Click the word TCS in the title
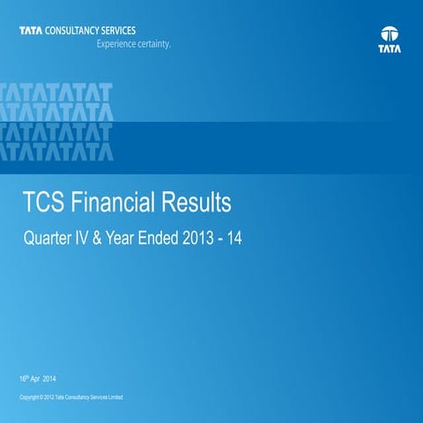pos(46,204)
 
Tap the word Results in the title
pos(197,204)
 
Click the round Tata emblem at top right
pos(389,36)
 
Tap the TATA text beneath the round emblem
pos(389,51)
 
